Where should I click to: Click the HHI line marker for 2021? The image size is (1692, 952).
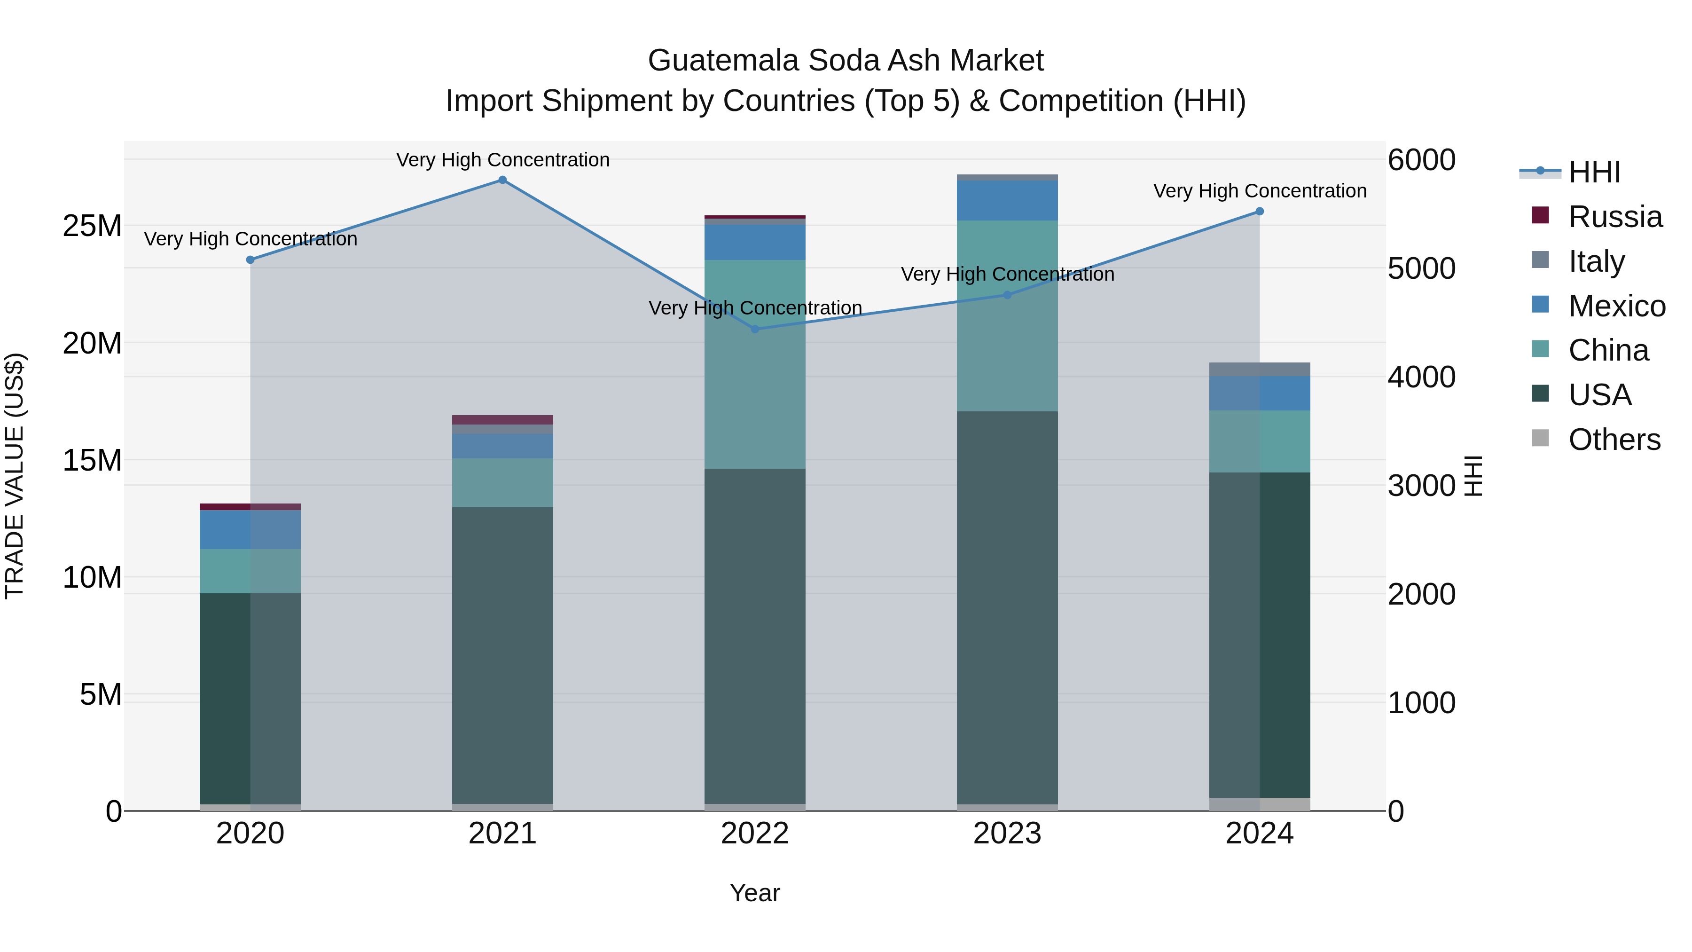point(502,180)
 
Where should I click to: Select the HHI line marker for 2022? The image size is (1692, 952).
point(755,329)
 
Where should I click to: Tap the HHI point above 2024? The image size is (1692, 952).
point(1259,212)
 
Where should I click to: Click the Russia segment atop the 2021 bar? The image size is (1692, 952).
point(502,420)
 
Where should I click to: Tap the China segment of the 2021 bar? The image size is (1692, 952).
point(502,482)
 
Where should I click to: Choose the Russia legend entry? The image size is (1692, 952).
point(1596,217)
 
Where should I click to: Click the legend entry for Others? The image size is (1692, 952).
point(1596,440)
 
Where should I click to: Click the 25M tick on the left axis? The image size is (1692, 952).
point(92,226)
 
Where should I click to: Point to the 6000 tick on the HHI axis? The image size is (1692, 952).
point(1421,160)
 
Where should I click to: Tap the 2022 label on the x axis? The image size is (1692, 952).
point(755,834)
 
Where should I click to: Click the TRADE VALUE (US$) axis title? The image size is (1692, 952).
point(15,476)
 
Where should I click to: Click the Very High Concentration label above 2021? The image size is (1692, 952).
point(502,160)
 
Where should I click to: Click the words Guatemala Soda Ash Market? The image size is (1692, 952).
point(846,61)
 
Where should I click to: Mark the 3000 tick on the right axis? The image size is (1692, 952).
point(1421,486)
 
